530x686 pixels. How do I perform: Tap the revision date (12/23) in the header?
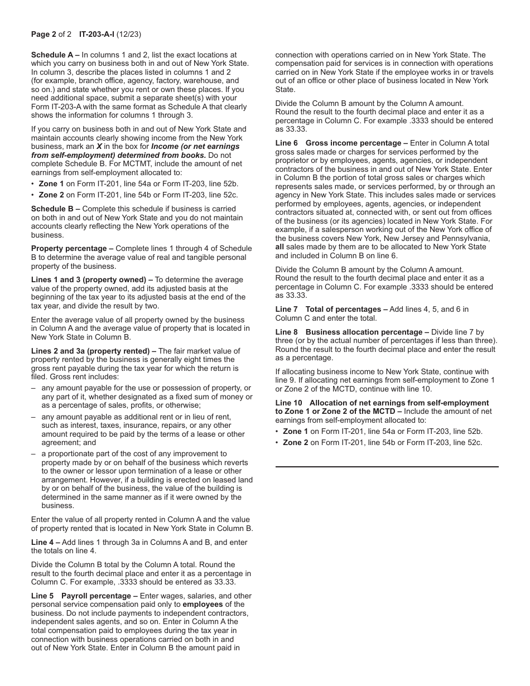coord(129,34)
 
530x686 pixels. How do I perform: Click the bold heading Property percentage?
coord(69,248)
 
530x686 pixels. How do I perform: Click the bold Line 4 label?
coord(43,542)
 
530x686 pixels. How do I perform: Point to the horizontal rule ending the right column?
coord(387,467)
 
